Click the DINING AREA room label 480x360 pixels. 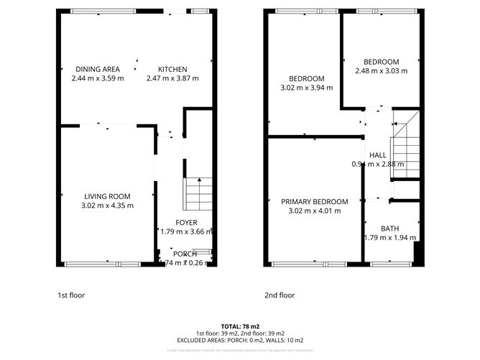click(x=98, y=69)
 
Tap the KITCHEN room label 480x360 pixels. click(x=172, y=69)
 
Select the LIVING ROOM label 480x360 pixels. click(x=107, y=196)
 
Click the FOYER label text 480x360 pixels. click(x=185, y=223)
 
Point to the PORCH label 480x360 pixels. click(x=185, y=254)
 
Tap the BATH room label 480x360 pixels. click(x=389, y=229)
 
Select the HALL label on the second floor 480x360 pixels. click(x=378, y=155)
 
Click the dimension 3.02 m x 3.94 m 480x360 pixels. click(x=307, y=88)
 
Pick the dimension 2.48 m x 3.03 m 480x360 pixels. click(x=381, y=71)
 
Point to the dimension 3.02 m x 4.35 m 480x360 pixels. click(x=107, y=206)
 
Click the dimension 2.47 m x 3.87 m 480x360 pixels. click(x=172, y=78)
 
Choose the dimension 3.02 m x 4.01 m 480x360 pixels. click(x=315, y=211)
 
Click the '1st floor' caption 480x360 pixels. click(x=71, y=295)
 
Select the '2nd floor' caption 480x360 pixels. click(x=280, y=295)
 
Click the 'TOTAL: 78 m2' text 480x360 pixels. click(x=239, y=326)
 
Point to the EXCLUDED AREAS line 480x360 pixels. click(x=239, y=341)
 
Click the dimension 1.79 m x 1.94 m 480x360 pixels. click(x=389, y=238)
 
